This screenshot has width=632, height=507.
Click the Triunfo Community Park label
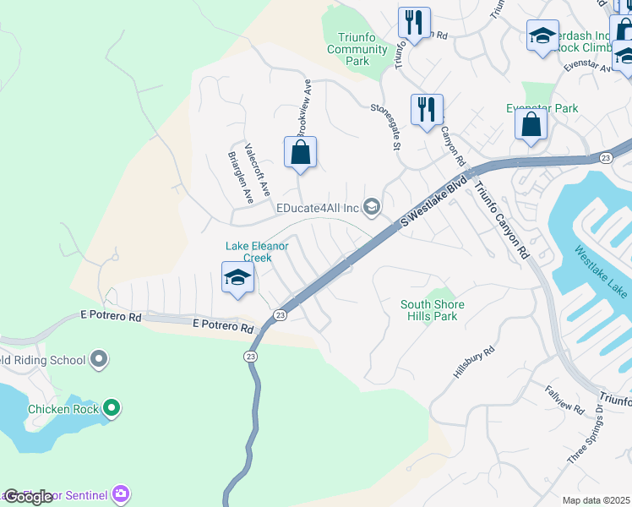click(x=357, y=49)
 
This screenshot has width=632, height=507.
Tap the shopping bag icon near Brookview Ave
click(x=300, y=154)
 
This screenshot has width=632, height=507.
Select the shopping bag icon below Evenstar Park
click(x=531, y=125)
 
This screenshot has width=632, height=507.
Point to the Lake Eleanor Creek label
click(x=257, y=252)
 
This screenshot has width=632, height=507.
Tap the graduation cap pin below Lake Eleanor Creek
click(x=238, y=278)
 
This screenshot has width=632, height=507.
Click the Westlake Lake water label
click(x=601, y=271)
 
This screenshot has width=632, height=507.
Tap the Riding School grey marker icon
click(x=99, y=360)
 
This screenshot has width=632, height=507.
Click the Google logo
click(x=28, y=497)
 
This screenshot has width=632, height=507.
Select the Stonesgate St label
click(x=385, y=127)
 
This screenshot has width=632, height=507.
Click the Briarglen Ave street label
click(x=241, y=177)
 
